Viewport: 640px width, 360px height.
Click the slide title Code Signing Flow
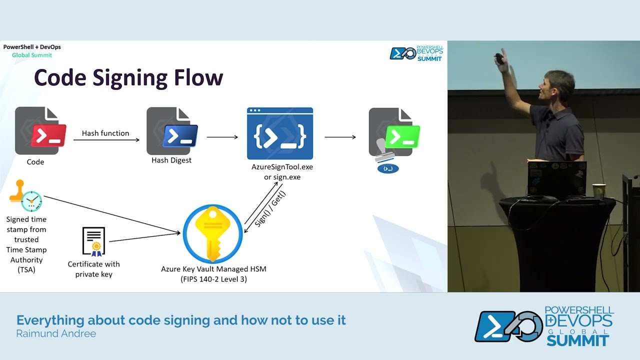click(128, 78)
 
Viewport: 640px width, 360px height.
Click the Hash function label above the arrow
click(105, 133)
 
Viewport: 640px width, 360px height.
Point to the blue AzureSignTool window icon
click(280, 133)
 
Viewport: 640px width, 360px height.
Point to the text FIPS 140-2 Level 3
click(213, 279)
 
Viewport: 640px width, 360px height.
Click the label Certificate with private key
click(94, 269)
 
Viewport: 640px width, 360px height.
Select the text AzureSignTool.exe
click(282, 166)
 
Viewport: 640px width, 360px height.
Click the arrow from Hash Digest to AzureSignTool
click(222, 136)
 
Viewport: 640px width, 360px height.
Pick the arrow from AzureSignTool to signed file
click(340, 136)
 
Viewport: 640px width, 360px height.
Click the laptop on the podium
click(556, 178)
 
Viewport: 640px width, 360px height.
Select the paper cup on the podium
click(598, 191)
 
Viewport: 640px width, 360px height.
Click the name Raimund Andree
click(56, 333)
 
